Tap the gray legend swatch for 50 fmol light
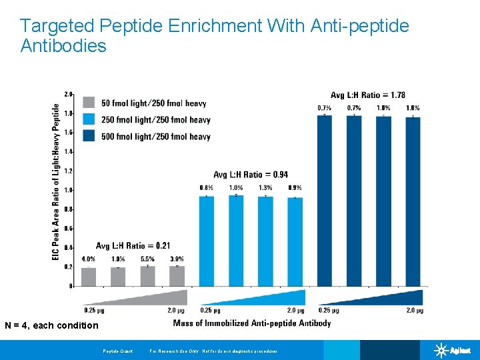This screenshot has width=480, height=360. coord(89,103)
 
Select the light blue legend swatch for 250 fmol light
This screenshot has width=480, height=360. coord(89,119)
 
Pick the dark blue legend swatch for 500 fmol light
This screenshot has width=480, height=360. coord(89,136)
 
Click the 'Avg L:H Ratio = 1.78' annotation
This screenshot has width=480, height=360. coord(367,95)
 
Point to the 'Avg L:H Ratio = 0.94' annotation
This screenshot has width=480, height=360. coord(251,175)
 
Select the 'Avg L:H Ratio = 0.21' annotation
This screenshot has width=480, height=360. coord(133,245)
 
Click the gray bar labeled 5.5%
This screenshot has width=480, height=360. coord(147,276)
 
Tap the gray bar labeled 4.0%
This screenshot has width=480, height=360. coord(89,277)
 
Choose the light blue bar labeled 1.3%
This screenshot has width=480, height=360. coord(265,241)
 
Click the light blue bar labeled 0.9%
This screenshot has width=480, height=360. coord(295,241)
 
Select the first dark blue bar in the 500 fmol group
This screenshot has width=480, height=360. coord(325,200)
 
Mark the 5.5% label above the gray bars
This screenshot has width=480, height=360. coord(147,259)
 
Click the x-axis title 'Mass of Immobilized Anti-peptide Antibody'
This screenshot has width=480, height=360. coord(251,323)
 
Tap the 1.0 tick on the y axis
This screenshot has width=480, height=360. coord(68,190)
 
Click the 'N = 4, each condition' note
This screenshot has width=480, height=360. coord(51,325)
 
